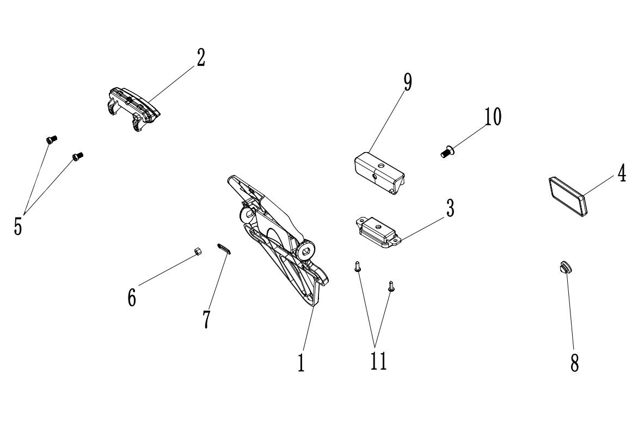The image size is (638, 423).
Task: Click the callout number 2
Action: tap(201, 58)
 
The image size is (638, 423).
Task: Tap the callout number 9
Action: tap(408, 82)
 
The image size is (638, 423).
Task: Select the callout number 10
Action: tap(493, 117)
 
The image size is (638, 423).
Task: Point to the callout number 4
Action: tap(621, 173)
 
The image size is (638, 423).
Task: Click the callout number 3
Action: tap(450, 209)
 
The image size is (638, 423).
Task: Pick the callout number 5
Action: tap(18, 225)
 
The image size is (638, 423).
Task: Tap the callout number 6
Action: tap(132, 297)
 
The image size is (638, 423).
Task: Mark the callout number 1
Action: tap(300, 362)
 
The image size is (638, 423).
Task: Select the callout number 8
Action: tap(574, 362)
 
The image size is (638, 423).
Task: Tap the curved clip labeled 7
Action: tap(224, 249)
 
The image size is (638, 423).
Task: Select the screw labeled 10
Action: tap(447, 152)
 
